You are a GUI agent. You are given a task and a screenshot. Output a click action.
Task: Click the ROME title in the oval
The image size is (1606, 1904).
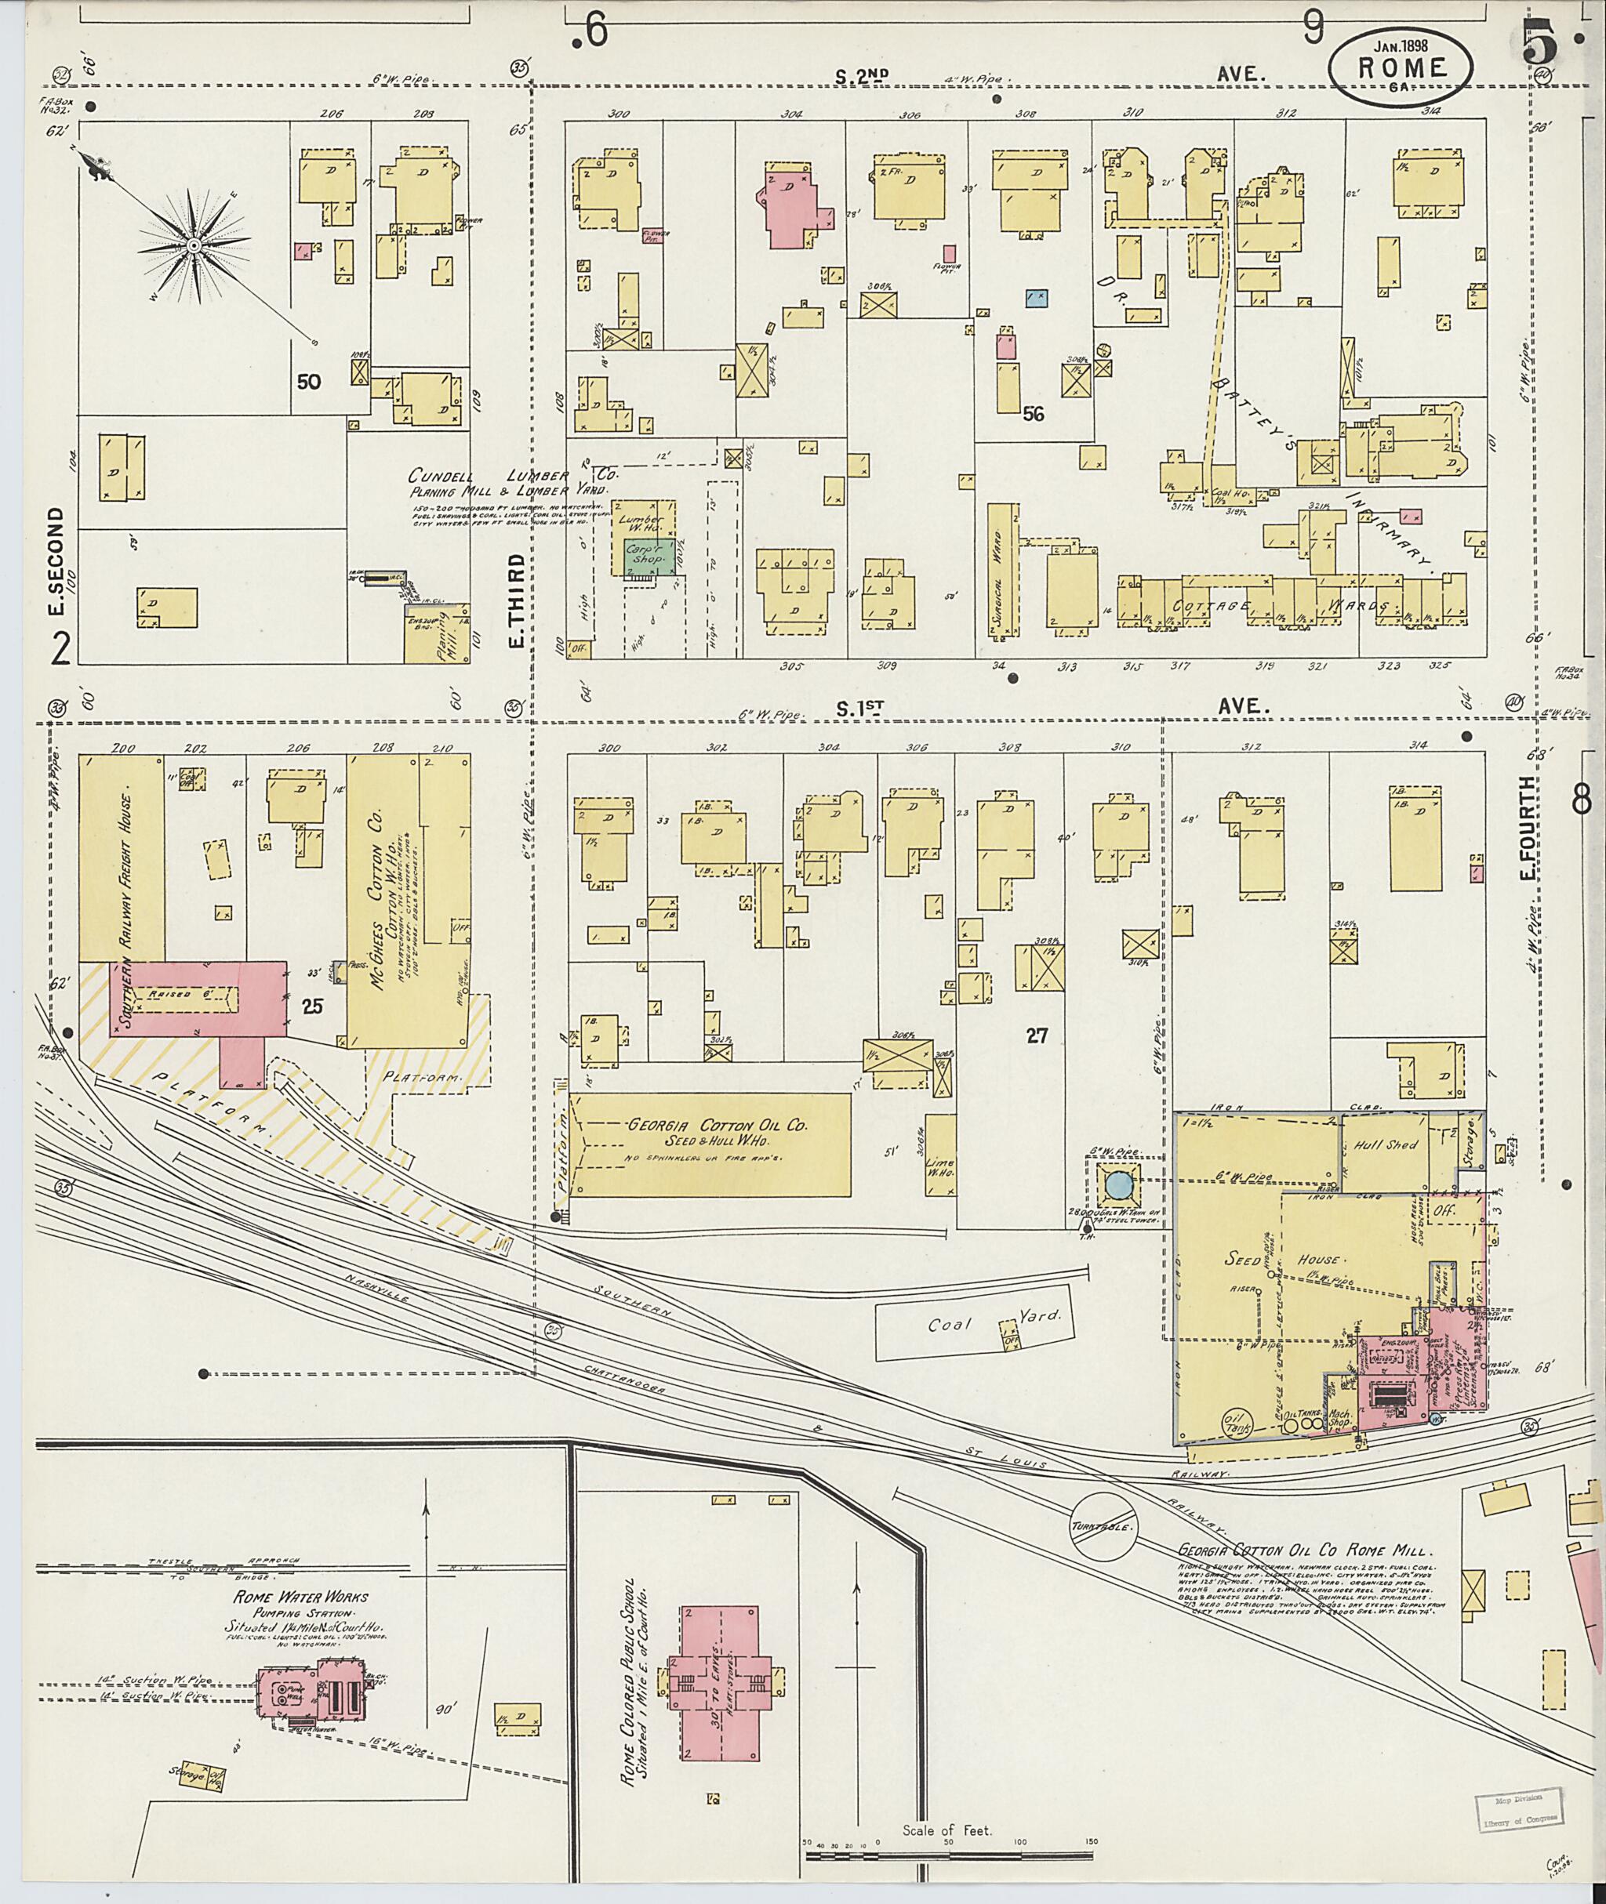[1401, 68]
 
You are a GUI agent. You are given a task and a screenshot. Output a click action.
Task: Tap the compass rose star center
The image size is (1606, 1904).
[194, 245]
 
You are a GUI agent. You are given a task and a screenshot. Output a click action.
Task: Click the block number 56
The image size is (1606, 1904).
[1033, 414]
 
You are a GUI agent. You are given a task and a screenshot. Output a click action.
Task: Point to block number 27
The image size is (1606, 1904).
[1037, 1035]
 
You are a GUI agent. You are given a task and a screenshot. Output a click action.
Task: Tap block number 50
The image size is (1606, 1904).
[309, 383]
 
